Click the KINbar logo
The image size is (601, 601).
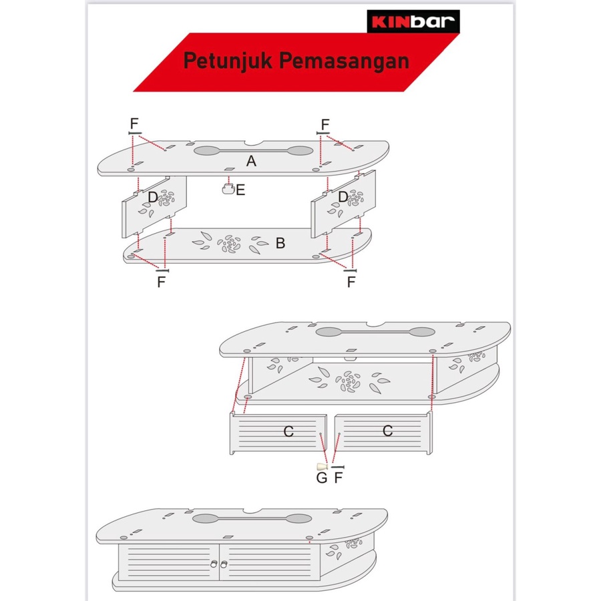click(413, 21)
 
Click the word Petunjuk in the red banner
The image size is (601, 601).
click(228, 61)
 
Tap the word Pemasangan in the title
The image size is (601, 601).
click(344, 61)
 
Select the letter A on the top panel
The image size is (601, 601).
click(251, 161)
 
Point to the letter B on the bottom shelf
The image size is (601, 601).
click(280, 243)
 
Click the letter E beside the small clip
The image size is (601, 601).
click(240, 190)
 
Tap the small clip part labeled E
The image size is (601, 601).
click(228, 189)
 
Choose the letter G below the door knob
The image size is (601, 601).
click(322, 478)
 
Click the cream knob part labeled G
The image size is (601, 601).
click(322, 467)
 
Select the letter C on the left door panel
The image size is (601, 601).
click(288, 431)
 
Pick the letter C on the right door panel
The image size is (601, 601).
click(387, 431)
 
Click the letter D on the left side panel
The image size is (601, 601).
click(153, 198)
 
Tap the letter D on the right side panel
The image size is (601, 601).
click(343, 197)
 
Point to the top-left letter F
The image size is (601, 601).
click(134, 124)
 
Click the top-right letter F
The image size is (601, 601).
click(325, 125)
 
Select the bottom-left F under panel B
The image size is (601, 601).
click(162, 282)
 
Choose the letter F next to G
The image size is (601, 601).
click(339, 478)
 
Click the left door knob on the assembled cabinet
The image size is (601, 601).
click(214, 564)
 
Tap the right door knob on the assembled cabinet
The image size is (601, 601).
click(224, 564)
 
